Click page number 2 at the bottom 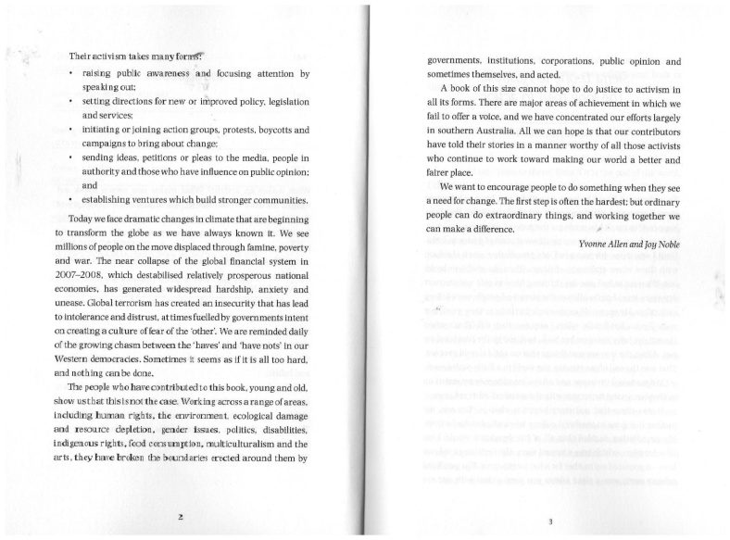[x=182, y=515]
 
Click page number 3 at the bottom [x=550, y=522]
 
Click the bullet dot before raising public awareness [x=71, y=73]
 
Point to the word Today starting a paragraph [x=83, y=216]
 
